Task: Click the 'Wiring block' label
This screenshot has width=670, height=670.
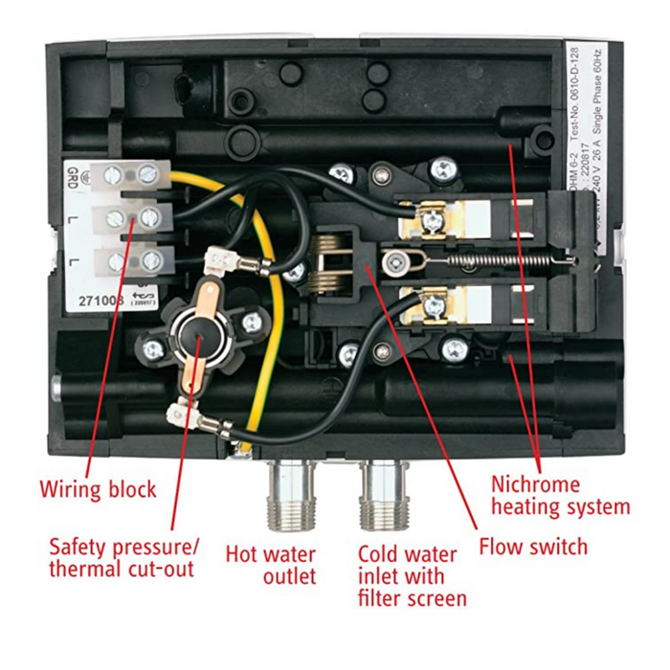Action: (98, 490)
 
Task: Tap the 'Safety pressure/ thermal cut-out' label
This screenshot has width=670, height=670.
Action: (125, 557)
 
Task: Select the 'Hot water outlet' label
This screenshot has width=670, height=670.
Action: (271, 565)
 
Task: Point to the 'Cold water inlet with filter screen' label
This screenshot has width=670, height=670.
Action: (412, 575)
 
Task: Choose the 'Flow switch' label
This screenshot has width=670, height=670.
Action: (533, 547)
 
